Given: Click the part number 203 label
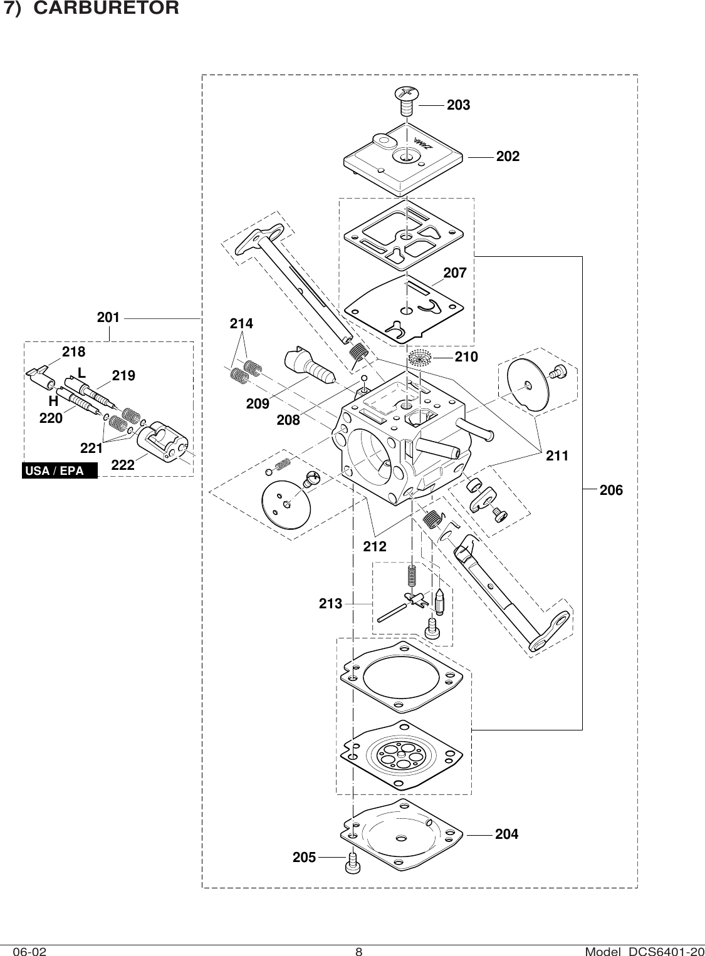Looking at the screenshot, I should tap(458, 105).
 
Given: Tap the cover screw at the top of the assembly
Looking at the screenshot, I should tap(406, 100).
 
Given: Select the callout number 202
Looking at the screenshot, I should tap(508, 157).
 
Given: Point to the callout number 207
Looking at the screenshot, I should tap(455, 273).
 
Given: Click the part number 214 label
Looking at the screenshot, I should tap(241, 324).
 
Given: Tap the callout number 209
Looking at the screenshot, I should tap(258, 404).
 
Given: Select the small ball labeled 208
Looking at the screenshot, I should tap(363, 379).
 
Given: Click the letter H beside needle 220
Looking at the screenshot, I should tap(53, 400).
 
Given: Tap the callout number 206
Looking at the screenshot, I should tap(611, 491).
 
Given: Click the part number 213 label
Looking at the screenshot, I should tap(330, 604).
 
